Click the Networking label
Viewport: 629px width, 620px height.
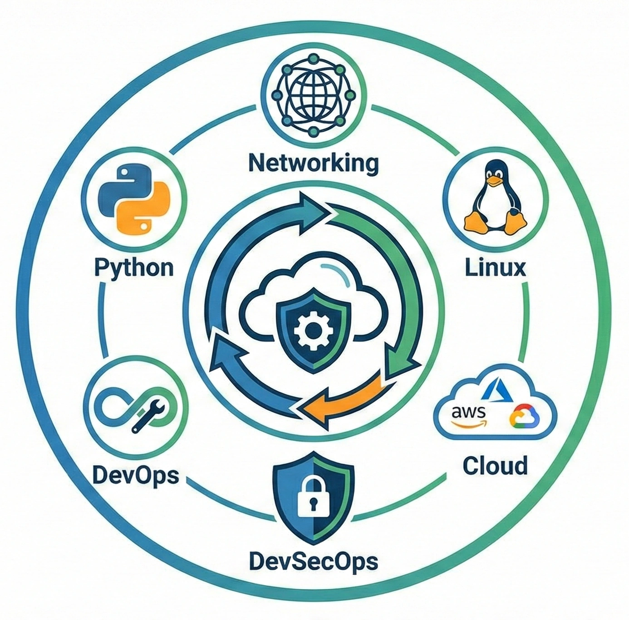pyautogui.click(x=314, y=162)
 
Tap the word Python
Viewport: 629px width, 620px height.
pyautogui.click(x=134, y=268)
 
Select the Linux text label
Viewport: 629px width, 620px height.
pyautogui.click(x=495, y=268)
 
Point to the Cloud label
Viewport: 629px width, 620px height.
pyautogui.click(x=495, y=466)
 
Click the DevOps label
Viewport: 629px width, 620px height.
pyautogui.click(x=135, y=476)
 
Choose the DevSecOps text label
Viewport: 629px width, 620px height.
pyautogui.click(x=314, y=561)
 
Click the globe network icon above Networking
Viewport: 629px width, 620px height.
pyautogui.click(x=314, y=96)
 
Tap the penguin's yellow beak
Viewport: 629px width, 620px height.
pyautogui.click(x=495, y=181)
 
